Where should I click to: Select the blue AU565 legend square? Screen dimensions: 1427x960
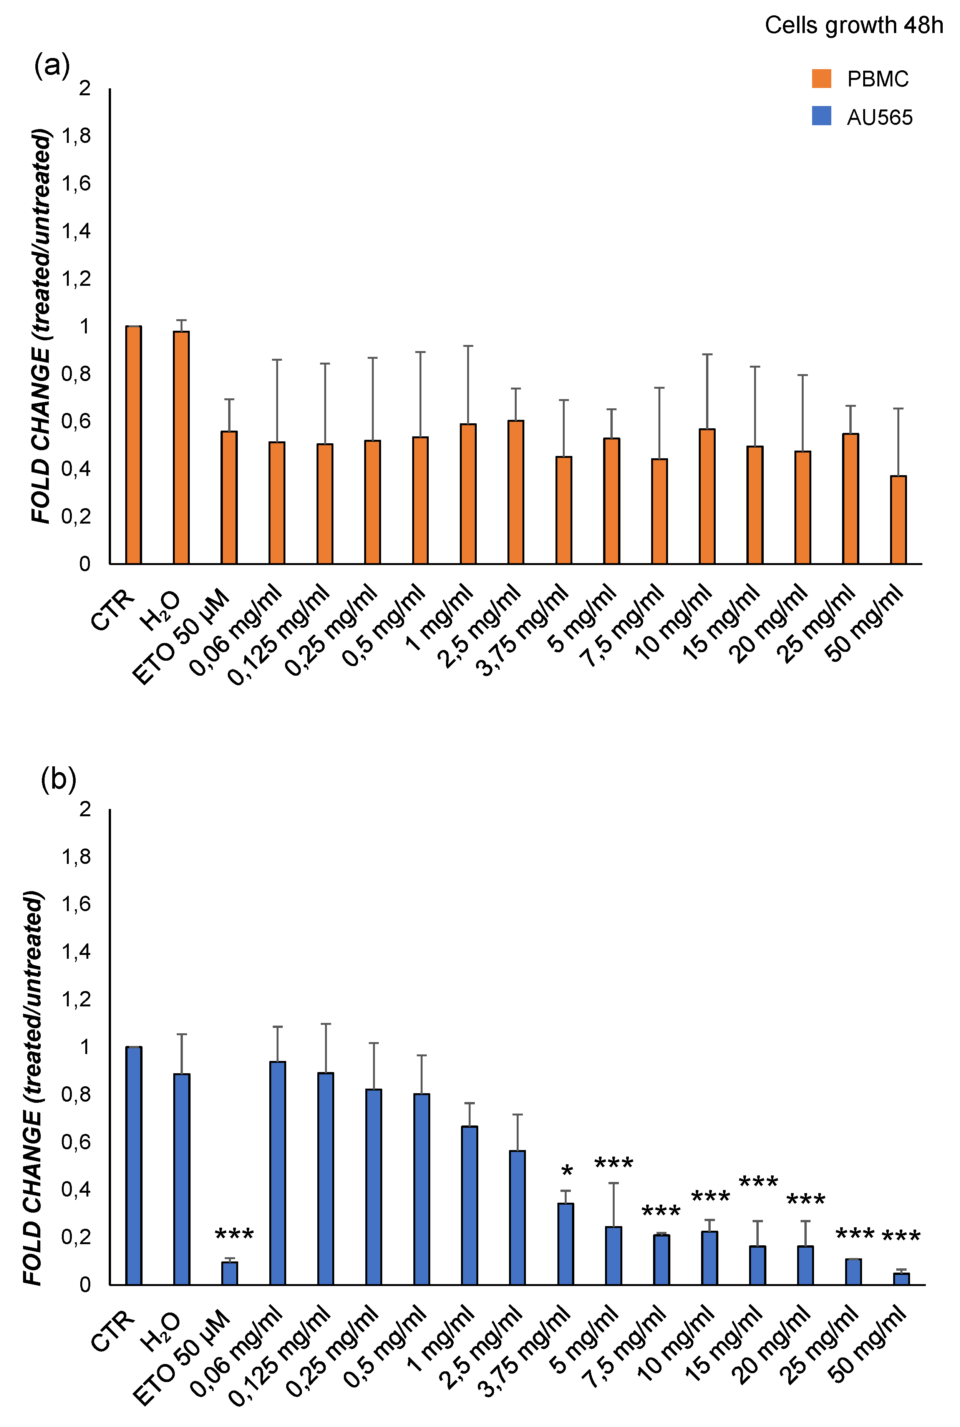pos(821,116)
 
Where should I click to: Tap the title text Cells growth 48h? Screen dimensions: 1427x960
pos(854,25)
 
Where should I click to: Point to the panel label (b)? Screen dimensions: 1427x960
pos(58,779)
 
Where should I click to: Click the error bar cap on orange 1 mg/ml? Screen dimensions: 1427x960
pos(468,346)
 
